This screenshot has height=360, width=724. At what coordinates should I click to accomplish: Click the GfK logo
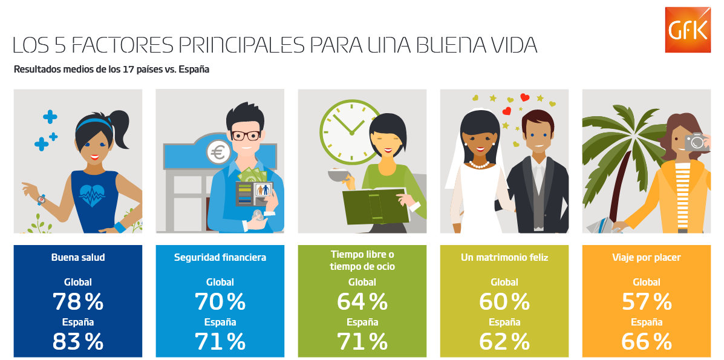687,30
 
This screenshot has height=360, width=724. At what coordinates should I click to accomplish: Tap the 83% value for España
77,341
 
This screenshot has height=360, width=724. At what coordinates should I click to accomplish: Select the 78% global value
77,302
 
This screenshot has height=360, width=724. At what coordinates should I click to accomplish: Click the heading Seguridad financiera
220,257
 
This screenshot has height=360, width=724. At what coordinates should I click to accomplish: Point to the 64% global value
362,302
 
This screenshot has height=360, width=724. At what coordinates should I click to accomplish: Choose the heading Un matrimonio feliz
504,257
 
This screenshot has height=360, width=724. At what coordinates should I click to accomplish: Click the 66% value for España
647,341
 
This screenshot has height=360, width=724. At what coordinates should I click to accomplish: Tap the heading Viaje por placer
647,257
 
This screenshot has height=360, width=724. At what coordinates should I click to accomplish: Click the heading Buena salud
77,257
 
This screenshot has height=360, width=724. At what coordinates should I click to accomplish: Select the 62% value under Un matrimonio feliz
504,341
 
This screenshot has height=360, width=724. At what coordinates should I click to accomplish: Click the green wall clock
350,132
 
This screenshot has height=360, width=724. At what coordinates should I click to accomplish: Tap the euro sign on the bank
218,152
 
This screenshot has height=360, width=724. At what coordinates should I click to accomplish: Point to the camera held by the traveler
696,142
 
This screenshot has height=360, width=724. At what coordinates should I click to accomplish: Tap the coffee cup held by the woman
339,177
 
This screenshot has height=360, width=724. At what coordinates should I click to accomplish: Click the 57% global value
647,302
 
